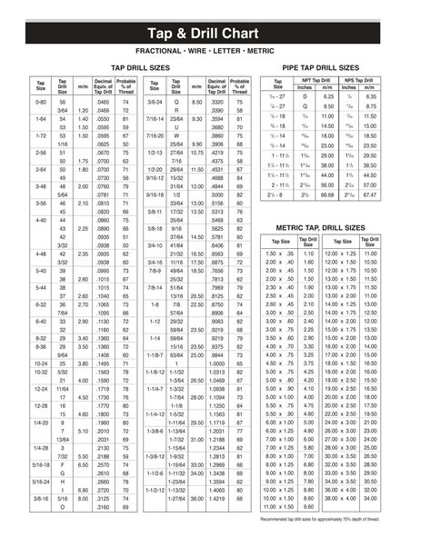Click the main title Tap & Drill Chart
[x=215, y=27]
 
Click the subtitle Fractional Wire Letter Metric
[x=215, y=50]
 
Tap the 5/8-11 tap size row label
[x=155, y=234]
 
